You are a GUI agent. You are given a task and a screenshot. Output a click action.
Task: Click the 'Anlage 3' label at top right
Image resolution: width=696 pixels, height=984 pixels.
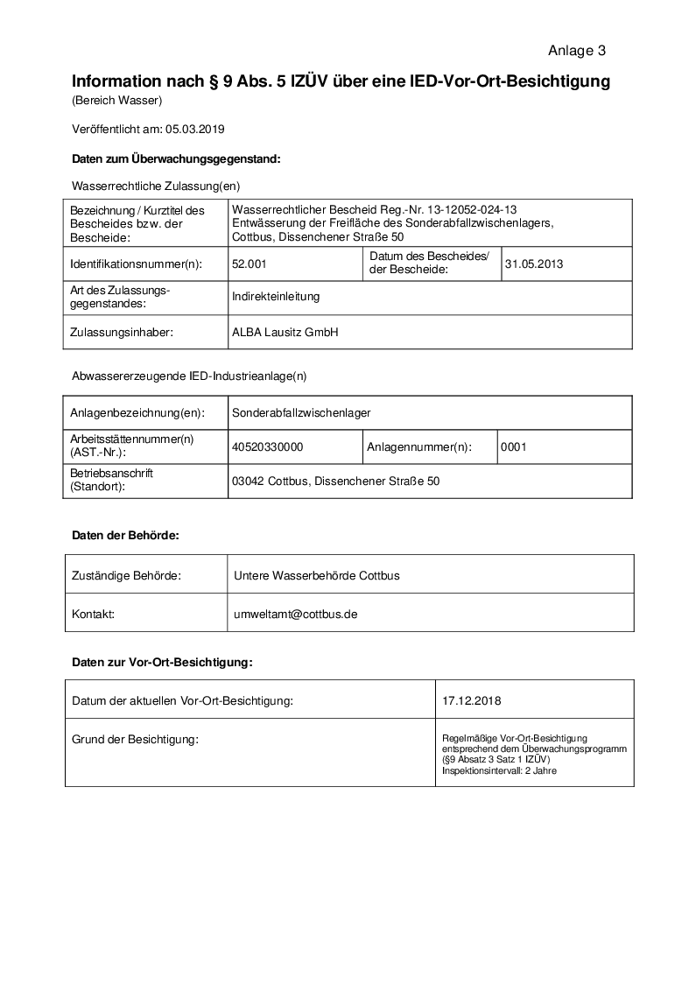(577, 51)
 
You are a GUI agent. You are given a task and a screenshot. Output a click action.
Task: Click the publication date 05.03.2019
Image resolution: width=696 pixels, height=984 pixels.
(195, 130)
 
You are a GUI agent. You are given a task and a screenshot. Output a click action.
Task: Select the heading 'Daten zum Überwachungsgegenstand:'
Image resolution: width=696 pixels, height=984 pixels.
(176, 159)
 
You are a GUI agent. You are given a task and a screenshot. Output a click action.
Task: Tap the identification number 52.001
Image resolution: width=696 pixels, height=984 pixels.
(250, 263)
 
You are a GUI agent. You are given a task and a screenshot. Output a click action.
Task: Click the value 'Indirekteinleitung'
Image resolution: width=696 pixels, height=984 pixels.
(276, 297)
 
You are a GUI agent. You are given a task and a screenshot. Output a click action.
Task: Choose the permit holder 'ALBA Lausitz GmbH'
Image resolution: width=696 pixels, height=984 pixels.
(285, 333)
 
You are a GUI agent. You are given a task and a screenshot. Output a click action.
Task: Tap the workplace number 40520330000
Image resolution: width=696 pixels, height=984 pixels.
(267, 446)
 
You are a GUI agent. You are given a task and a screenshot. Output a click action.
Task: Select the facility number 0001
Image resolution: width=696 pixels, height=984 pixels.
(513, 446)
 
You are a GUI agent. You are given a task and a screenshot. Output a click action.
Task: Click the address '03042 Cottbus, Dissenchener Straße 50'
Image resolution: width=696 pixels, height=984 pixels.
(335, 481)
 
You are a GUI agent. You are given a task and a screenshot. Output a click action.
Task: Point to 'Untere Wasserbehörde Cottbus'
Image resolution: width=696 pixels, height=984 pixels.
(317, 575)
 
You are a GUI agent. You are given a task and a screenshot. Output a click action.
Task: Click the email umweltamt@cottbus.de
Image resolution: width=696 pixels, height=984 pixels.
(296, 615)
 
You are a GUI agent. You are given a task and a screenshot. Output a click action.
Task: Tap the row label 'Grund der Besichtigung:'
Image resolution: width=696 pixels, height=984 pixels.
(135, 740)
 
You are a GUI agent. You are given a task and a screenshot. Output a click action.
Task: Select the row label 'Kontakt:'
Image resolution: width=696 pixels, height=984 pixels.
(93, 615)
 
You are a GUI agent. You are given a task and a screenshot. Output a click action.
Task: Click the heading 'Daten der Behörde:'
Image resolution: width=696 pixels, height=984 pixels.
(125, 535)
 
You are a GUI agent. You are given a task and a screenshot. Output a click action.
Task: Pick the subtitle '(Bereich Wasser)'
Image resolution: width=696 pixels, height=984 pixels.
(116, 101)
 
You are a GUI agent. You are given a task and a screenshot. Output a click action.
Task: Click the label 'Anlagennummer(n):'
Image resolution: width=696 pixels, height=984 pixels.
(419, 446)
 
